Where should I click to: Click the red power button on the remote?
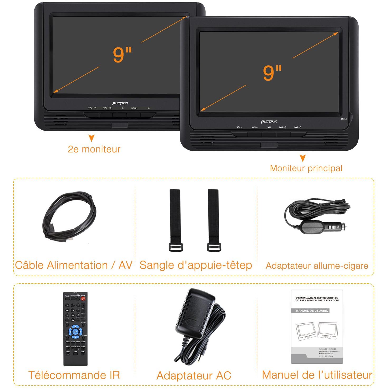(83, 299)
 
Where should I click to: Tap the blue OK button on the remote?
(75, 332)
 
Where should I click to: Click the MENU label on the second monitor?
(134, 108)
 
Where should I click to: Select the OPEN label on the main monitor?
(344, 119)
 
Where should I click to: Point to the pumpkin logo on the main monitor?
(269, 122)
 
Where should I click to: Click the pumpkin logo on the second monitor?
(120, 103)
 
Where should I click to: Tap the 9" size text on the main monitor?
(272, 73)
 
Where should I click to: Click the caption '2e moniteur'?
(94, 149)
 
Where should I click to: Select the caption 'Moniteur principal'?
(306, 168)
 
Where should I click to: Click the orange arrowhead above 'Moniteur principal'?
(303, 158)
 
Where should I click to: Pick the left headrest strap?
(175, 220)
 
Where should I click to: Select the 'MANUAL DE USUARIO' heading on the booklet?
(312, 311)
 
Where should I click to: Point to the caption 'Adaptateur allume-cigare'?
(317, 266)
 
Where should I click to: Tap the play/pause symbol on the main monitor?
(269, 127)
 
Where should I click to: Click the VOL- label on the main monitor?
(239, 127)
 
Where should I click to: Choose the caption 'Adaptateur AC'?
(194, 376)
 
